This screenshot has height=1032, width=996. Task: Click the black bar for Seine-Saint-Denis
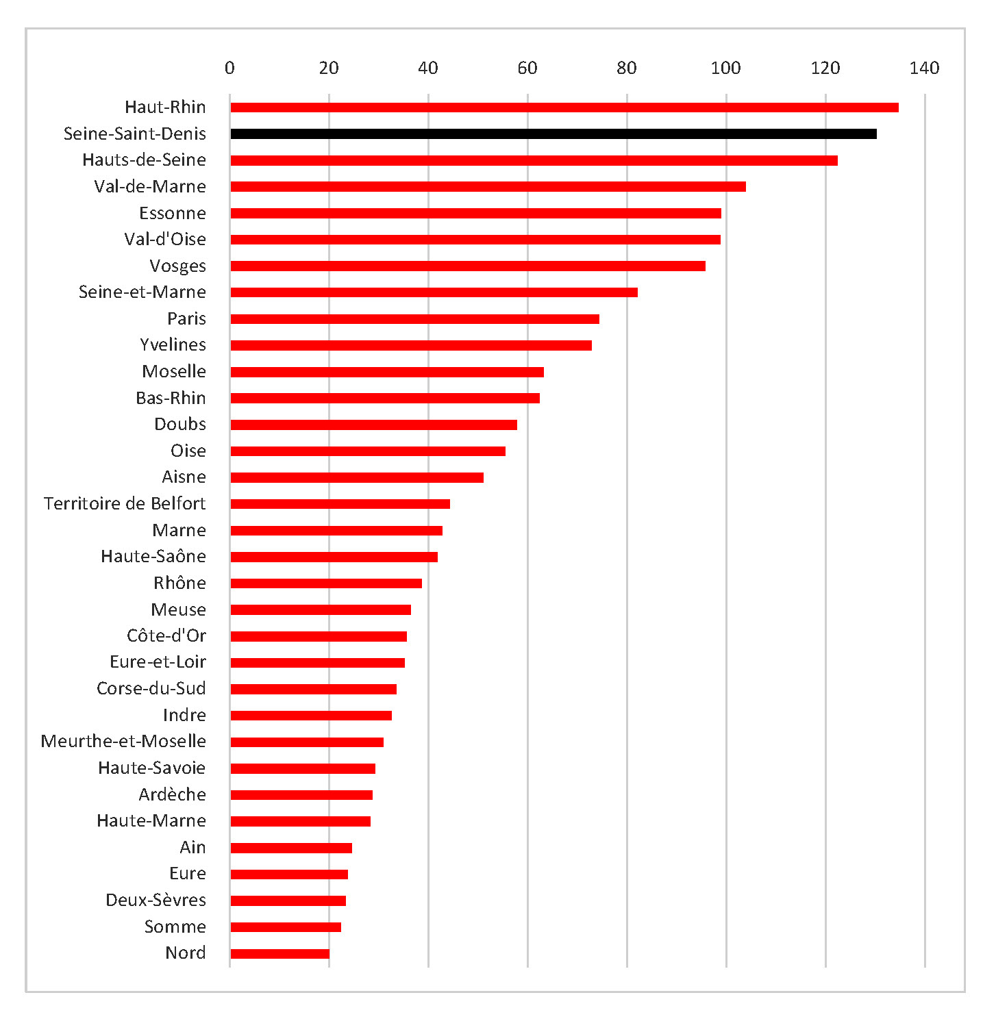[553, 134]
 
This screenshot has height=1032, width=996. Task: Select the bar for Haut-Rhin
[564, 108]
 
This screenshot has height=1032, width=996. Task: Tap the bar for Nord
[279, 954]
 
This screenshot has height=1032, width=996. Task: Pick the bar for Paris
[414, 319]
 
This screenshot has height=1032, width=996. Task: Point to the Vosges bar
[468, 266]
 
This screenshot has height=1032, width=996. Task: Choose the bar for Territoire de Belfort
[340, 504]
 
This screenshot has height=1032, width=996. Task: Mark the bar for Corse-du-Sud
[313, 689]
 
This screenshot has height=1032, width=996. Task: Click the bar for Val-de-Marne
[488, 187]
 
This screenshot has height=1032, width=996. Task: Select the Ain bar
[291, 848]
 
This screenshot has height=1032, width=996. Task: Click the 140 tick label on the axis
[924, 68]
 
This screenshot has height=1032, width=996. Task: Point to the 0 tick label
[229, 68]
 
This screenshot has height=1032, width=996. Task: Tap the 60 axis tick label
[527, 68]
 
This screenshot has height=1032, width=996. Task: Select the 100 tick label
[725, 68]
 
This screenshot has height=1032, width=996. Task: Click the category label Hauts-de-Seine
[144, 160]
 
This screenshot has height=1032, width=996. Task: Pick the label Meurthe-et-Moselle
[123, 741]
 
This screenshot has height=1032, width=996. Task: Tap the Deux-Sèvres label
[155, 900]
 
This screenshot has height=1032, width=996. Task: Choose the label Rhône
[179, 583]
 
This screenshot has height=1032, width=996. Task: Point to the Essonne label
[172, 213]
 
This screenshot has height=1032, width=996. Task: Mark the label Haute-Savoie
[151, 768]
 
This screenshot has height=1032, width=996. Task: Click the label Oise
[188, 451]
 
